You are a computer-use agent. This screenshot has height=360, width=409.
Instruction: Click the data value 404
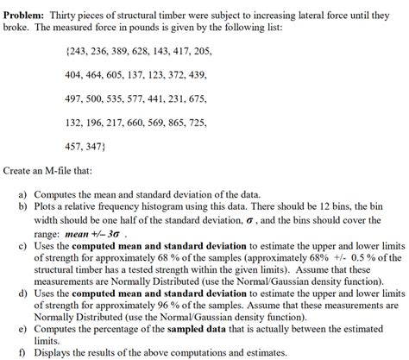(x=76, y=76)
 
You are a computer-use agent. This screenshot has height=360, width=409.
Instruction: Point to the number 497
(x=76, y=99)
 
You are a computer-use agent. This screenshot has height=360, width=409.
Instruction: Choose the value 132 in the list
(x=76, y=123)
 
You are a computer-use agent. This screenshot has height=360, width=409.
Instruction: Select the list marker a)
(x=24, y=196)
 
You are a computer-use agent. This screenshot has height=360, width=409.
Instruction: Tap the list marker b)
(x=24, y=208)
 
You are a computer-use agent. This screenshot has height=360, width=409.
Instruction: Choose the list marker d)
(x=24, y=293)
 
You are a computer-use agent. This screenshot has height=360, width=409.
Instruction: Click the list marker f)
(x=24, y=352)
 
